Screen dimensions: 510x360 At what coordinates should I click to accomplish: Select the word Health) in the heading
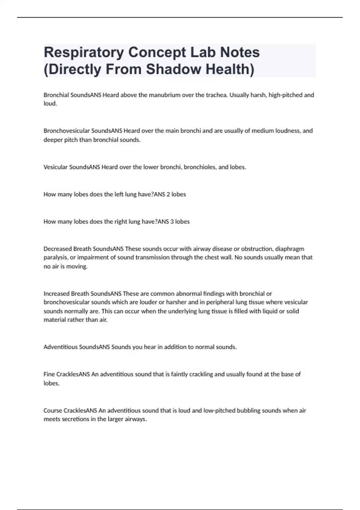click(x=230, y=69)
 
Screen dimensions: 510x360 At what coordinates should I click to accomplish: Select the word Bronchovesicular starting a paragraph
click(x=67, y=131)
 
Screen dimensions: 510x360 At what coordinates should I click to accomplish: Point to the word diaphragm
click(x=289, y=249)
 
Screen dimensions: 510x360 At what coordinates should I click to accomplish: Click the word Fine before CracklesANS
click(x=49, y=374)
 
